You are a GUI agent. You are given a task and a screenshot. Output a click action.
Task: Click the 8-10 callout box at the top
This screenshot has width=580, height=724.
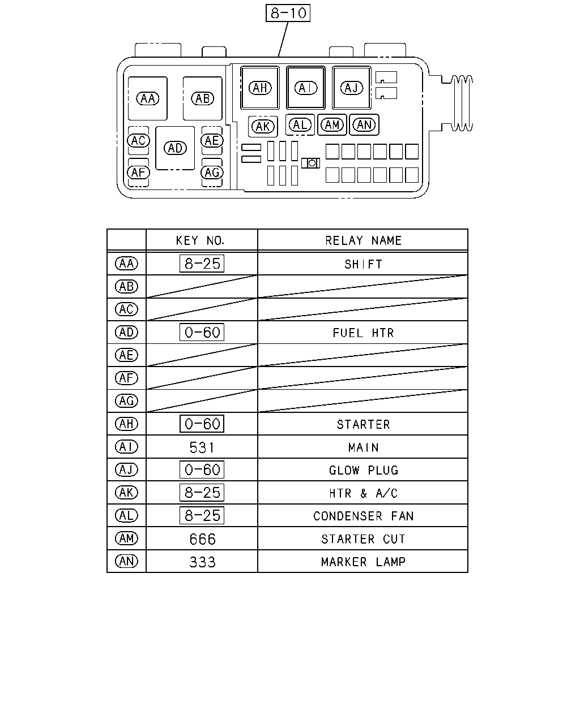(x=288, y=13)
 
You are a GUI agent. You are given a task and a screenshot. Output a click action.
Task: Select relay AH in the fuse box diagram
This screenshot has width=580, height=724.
(x=260, y=88)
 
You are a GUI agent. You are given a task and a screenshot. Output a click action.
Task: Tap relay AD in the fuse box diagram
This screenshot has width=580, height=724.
(x=175, y=148)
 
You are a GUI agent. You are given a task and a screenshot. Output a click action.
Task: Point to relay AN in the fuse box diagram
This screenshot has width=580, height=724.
(x=364, y=125)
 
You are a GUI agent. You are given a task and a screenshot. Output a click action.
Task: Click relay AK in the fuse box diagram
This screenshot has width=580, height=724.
(x=263, y=127)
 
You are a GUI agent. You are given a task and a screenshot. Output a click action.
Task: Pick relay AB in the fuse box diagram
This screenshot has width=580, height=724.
(x=203, y=98)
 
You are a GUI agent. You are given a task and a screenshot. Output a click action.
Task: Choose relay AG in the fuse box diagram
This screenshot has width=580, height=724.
(x=212, y=173)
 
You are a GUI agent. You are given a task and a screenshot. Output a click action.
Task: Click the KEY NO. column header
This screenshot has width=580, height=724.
(x=200, y=240)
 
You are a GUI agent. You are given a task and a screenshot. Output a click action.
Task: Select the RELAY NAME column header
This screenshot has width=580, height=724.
(x=363, y=240)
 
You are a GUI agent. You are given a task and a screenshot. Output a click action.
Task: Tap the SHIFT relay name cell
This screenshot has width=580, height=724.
(x=363, y=265)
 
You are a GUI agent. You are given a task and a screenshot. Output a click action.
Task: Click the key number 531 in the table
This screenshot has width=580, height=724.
(x=202, y=447)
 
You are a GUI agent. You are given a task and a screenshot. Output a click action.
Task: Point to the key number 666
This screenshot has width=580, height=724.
(x=202, y=539)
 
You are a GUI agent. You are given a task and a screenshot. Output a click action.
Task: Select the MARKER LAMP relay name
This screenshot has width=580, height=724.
(x=363, y=562)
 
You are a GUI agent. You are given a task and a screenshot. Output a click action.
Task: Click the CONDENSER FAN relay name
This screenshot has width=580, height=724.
(x=363, y=516)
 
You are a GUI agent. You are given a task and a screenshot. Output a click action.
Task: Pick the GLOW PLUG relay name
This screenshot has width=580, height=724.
(x=364, y=471)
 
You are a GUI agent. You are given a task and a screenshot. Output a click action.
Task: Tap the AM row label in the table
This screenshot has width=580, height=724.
(x=127, y=538)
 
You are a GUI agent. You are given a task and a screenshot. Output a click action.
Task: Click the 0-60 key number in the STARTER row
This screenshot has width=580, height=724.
(x=202, y=424)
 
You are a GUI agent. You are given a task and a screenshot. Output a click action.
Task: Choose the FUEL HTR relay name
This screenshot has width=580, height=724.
(x=363, y=333)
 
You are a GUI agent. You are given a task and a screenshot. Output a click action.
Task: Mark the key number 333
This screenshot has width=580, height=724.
(x=202, y=562)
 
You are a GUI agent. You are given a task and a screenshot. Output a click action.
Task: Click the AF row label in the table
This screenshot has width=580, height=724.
(x=127, y=378)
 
